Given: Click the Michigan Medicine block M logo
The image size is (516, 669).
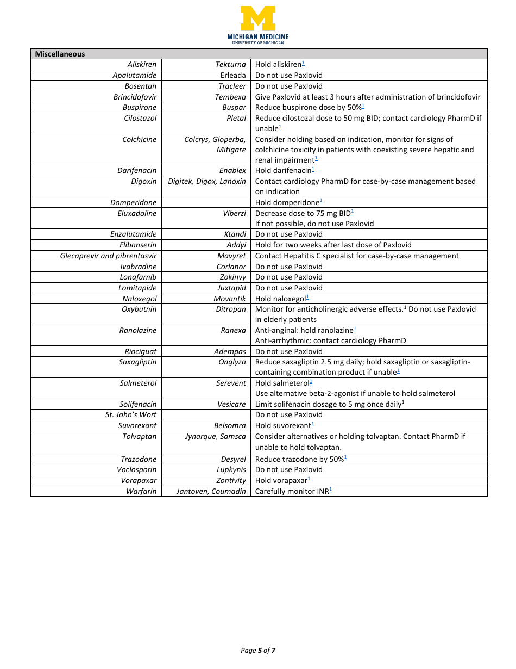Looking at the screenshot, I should point(258,19).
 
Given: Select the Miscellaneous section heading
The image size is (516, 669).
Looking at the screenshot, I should point(60,54).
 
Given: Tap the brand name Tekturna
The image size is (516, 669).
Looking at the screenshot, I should point(230,64).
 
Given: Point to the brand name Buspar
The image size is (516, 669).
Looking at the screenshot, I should point(234,107).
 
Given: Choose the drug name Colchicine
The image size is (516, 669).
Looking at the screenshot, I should point(139,139).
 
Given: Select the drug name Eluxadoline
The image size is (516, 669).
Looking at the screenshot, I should point(137,213).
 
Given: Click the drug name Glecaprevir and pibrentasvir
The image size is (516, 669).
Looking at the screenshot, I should point(108,256).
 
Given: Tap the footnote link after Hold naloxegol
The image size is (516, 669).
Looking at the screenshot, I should point(307,297).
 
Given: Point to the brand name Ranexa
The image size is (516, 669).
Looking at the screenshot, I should point(233,330).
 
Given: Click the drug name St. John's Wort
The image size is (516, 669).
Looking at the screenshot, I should point(131,414).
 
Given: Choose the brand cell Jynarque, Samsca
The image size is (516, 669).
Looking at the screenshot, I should point(215,436).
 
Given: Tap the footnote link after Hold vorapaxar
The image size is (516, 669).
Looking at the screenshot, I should point(309,479).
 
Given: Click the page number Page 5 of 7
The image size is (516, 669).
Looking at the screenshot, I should point(258,650).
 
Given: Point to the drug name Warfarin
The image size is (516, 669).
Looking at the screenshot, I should point(141,491).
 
